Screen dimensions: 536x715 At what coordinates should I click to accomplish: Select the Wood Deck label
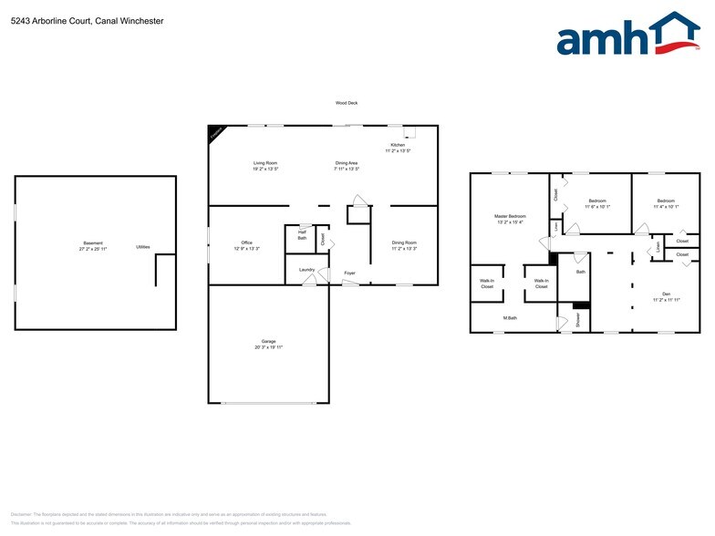(346, 103)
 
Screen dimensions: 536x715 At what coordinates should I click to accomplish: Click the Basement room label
(92, 243)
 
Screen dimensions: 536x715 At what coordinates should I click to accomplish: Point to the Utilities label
(143, 247)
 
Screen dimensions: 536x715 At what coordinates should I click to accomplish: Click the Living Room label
(265, 163)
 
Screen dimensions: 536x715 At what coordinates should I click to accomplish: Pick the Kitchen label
(398, 145)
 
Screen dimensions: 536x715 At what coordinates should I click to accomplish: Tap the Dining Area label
(347, 163)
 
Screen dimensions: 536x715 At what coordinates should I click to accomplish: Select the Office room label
(247, 242)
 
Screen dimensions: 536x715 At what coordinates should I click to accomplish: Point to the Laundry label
(306, 270)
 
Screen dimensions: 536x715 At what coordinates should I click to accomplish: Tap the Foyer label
(349, 273)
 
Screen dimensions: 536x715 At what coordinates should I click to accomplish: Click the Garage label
(269, 342)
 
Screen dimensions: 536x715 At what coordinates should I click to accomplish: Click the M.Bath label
(511, 318)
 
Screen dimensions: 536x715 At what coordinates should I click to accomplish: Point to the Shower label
(577, 320)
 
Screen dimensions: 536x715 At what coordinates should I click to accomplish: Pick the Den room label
(666, 294)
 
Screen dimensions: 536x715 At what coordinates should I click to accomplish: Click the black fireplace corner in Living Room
(215, 132)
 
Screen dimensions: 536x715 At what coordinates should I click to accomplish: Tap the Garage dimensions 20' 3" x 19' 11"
(269, 347)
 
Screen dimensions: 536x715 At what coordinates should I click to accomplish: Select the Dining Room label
(404, 242)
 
